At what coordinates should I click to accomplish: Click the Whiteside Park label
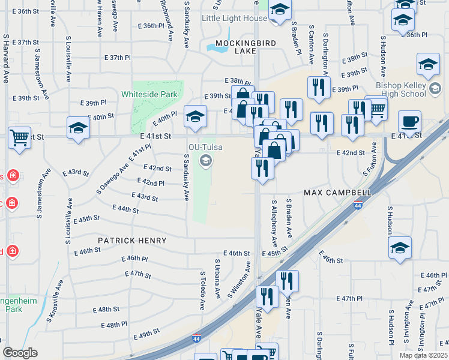pyautogui.click(x=149, y=94)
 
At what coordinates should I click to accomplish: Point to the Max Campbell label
pyautogui.click(x=337, y=192)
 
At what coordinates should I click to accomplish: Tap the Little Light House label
pyautogui.click(x=234, y=19)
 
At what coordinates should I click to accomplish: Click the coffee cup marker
pyautogui.click(x=409, y=122)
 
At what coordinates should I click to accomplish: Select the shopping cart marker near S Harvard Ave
pyautogui.click(x=20, y=137)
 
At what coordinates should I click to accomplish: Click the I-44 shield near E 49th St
pyautogui.click(x=197, y=339)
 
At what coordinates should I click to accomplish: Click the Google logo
pyautogui.click(x=20, y=353)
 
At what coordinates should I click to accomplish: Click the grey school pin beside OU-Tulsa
pyautogui.click(x=206, y=159)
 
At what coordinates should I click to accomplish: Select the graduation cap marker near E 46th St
pyautogui.click(x=400, y=248)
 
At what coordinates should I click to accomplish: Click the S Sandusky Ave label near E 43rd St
pyautogui.click(x=187, y=177)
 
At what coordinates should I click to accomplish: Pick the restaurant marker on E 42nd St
pyautogui.click(x=262, y=168)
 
